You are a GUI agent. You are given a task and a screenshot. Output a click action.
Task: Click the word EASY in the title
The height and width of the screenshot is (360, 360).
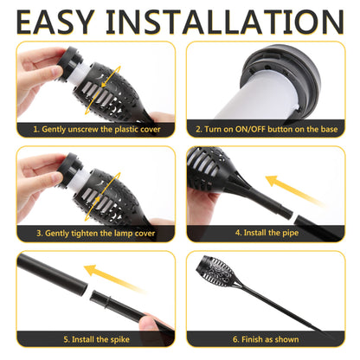(55, 22)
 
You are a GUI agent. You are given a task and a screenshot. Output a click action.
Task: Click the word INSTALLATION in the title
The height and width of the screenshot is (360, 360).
(225, 22)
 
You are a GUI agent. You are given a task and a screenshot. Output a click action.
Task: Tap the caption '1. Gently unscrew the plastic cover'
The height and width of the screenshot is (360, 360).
(97, 129)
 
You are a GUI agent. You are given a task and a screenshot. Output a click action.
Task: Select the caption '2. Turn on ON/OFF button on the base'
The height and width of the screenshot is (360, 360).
(267, 129)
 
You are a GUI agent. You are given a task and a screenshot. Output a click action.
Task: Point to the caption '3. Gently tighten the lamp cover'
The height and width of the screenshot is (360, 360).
(96, 233)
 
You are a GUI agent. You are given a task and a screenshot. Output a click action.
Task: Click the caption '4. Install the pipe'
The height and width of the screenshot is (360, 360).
(267, 233)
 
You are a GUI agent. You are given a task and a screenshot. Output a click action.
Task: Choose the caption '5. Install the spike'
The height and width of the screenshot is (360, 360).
(96, 339)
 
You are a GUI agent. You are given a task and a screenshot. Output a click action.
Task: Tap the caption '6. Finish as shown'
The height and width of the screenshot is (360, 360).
(266, 339)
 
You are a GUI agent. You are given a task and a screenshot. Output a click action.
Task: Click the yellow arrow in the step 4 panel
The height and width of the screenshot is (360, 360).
(294, 190)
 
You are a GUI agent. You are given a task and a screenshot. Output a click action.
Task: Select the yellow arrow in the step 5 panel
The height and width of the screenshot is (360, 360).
(114, 279)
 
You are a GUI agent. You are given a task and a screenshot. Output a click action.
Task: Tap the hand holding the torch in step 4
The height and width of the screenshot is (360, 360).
(202, 206)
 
